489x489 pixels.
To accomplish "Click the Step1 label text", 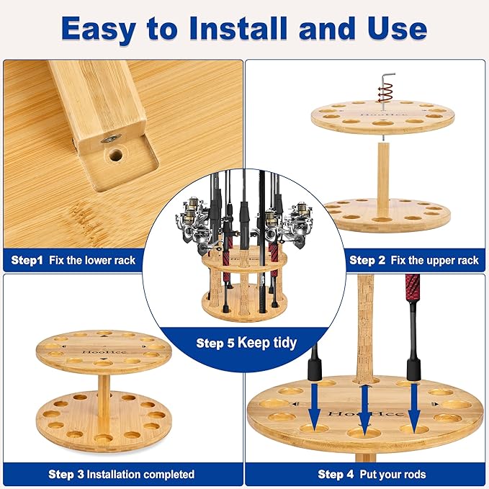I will [27, 260].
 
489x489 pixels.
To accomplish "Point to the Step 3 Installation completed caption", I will [121, 474].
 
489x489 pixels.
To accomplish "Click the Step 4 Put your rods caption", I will [372, 474].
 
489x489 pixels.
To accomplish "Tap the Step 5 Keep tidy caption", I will [246, 343].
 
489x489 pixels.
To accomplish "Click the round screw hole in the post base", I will [115, 153].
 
